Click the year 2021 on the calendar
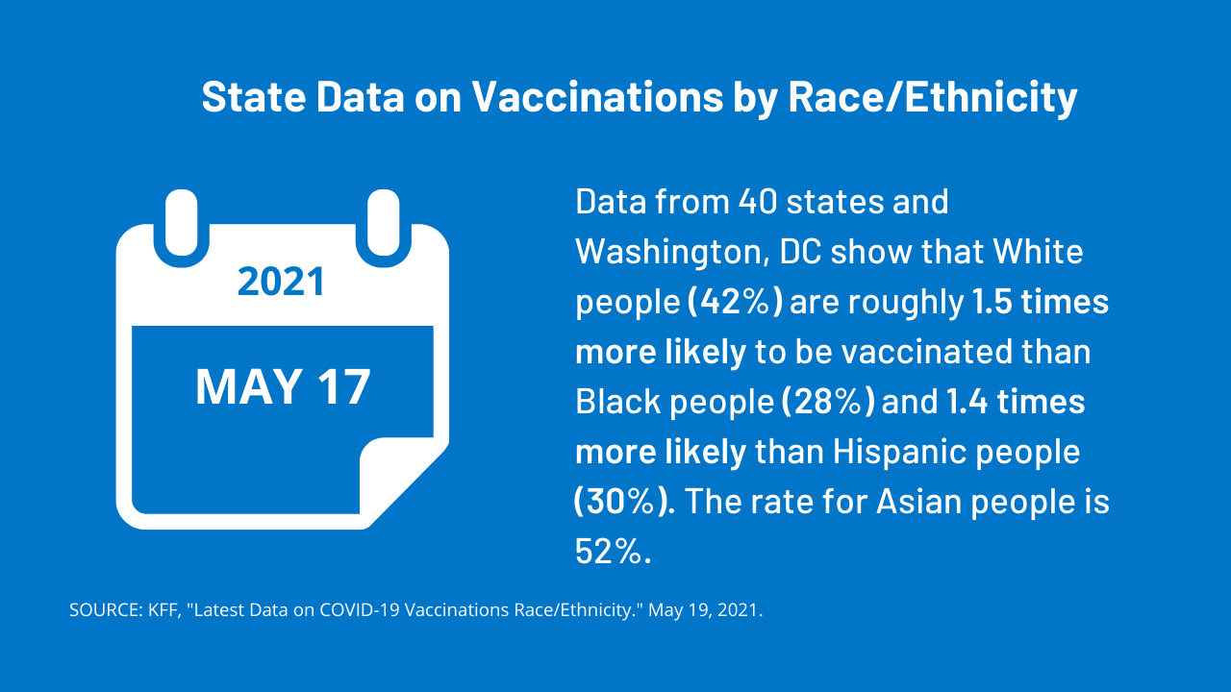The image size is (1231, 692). click(x=281, y=281)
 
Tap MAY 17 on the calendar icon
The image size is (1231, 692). click(x=283, y=386)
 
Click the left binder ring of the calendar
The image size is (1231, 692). click(x=181, y=227)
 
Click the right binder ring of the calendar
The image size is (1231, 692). click(x=383, y=227)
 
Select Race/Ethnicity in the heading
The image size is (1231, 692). click(x=932, y=98)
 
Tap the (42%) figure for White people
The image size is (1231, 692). click(x=735, y=302)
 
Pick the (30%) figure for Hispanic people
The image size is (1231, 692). click(x=623, y=502)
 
